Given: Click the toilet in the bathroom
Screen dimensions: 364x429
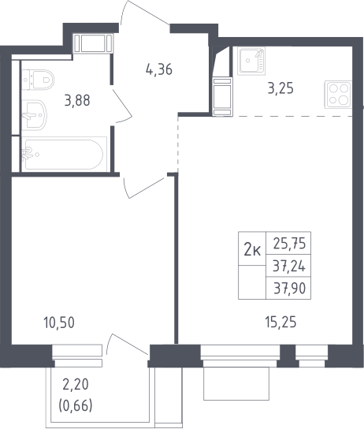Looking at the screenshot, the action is pos(38,80).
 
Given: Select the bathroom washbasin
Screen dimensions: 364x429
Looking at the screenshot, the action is pos(34,115).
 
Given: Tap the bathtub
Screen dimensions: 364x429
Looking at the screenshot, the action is pos(64,155).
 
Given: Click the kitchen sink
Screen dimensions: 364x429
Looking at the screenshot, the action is pos(251,61).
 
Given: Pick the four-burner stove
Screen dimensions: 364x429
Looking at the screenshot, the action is pos(338,95).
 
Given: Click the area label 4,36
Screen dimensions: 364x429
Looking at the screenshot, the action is pos(159,69).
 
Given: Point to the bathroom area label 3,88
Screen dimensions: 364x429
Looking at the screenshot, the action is pos(77,100).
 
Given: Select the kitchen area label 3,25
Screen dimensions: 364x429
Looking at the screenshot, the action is pos(280,88).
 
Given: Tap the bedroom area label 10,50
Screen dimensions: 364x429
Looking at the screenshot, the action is pos(59,323).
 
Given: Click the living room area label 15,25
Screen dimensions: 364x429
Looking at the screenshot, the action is pos(280,322).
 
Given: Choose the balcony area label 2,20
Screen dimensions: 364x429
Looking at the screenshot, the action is pos(76,385).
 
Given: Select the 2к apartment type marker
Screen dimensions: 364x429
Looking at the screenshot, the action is pos(252,250).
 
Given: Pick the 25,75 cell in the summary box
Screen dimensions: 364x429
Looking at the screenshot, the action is pos(289,243).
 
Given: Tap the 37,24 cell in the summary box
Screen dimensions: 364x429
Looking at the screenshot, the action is pos(289,267).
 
